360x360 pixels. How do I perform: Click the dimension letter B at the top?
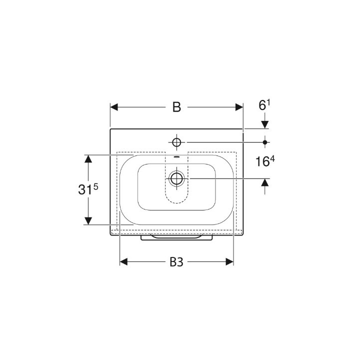click(x=176, y=107)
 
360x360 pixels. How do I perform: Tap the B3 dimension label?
click(x=176, y=262)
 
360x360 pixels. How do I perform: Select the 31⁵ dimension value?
click(x=88, y=189)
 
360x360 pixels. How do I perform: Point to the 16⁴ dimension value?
click(x=265, y=161)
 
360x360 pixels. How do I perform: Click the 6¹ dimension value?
click(x=264, y=105)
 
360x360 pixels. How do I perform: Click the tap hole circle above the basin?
click(x=176, y=142)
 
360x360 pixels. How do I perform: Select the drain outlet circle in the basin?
click(x=176, y=178)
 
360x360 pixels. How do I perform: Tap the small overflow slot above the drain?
click(x=176, y=157)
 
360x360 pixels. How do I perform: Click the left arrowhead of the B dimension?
click(x=114, y=107)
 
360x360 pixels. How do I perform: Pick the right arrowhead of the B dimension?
click(x=239, y=107)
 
